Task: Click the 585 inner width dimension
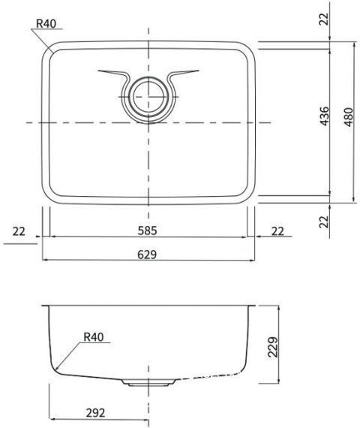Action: [147, 231]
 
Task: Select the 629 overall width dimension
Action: [147, 255]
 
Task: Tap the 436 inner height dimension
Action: [325, 116]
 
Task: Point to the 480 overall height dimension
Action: [349, 117]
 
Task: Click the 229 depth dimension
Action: [273, 347]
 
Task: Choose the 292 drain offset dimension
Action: [95, 413]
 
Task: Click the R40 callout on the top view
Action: [46, 24]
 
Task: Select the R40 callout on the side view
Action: [94, 337]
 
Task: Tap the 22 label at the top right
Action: [325, 19]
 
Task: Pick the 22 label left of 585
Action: [19, 231]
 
